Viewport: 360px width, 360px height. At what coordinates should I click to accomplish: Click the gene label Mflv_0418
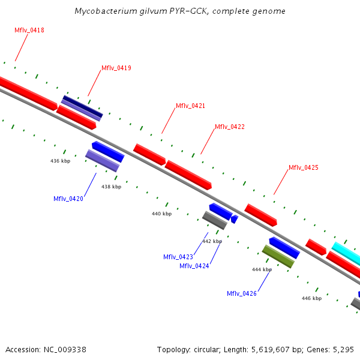coord(29,30)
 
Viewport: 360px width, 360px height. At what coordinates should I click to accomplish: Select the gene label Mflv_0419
coord(116,68)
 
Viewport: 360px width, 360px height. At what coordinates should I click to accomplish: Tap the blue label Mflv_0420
coord(68,199)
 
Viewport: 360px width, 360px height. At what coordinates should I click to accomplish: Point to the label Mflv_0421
coord(190,106)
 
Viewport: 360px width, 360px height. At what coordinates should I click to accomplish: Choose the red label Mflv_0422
coord(230,127)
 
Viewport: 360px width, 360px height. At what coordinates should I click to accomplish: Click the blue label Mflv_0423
coord(178,257)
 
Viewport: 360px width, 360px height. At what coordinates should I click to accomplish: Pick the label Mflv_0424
coord(194,266)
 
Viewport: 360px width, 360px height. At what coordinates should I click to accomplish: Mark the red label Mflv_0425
coord(303,167)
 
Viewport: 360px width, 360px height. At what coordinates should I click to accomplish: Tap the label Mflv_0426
coord(242,293)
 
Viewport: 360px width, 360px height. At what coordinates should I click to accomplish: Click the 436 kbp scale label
coord(60,161)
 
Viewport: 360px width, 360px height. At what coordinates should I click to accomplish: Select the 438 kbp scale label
coord(111,187)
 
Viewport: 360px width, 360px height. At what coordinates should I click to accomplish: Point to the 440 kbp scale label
coord(161,214)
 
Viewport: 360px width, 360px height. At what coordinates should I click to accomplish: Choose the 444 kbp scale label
coord(262,269)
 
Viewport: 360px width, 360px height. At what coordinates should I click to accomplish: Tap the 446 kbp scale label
coord(311,298)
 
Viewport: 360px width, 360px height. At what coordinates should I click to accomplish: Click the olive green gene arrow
coord(278,256)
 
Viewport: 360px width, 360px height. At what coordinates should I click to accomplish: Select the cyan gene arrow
coord(347,254)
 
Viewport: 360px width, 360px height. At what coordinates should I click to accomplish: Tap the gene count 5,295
coord(343,349)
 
